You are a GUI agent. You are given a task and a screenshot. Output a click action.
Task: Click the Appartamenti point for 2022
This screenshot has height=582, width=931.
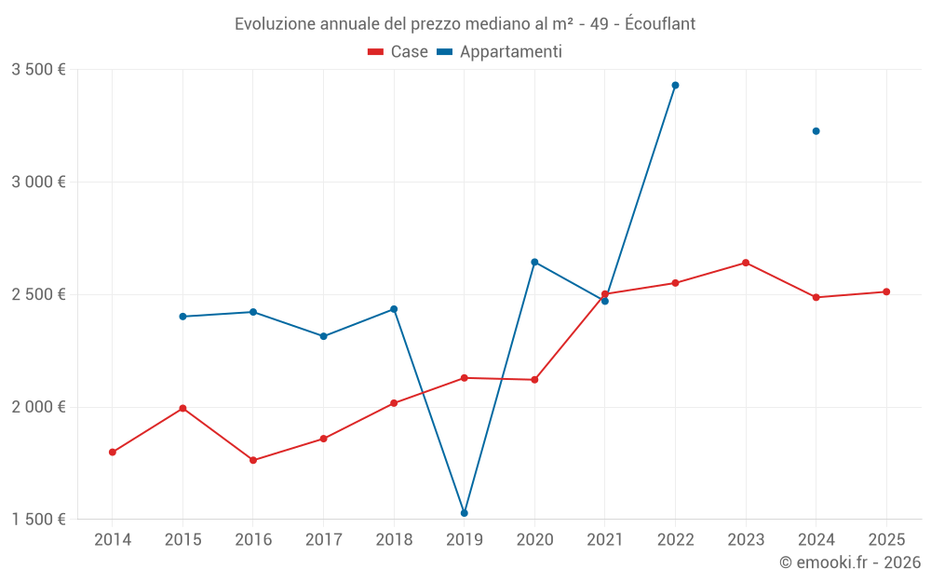[x=675, y=85]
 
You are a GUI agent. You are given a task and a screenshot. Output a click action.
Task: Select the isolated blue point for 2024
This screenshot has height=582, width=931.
[x=816, y=131]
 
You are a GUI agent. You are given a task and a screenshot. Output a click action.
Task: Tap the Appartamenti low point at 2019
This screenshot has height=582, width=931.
[x=464, y=513]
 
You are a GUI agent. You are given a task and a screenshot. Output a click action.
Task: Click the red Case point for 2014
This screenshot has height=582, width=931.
[x=112, y=453]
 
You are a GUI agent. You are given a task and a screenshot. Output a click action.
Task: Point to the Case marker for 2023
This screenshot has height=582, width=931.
[x=746, y=263]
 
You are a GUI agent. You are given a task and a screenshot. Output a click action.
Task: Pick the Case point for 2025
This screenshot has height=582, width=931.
[x=886, y=291]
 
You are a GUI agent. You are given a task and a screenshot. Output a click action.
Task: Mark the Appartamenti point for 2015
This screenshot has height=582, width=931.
[x=182, y=317]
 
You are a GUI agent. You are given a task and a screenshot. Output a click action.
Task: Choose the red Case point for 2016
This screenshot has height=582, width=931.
[x=253, y=460]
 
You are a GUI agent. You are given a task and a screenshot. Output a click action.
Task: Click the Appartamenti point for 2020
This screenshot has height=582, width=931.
[x=534, y=262]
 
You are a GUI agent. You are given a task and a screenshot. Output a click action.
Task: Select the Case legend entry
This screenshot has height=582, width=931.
[x=398, y=52]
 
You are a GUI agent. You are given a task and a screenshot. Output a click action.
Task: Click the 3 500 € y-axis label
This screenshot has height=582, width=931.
[x=38, y=70]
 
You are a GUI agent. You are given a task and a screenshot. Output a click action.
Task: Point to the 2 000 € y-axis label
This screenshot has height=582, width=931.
[x=38, y=407]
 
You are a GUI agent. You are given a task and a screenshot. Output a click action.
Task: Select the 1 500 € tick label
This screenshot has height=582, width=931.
[x=38, y=520]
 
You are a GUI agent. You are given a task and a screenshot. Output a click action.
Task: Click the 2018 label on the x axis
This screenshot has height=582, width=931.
[x=394, y=540]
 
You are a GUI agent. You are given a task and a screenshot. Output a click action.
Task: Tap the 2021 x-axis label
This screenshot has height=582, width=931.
[x=605, y=540]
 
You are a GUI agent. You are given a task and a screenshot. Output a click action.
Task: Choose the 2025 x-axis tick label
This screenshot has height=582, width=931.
[x=886, y=540]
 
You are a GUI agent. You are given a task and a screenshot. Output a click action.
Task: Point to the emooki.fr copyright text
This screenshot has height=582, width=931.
[x=850, y=562]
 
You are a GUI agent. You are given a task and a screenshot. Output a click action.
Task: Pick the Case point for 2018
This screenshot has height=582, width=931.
[x=394, y=403]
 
